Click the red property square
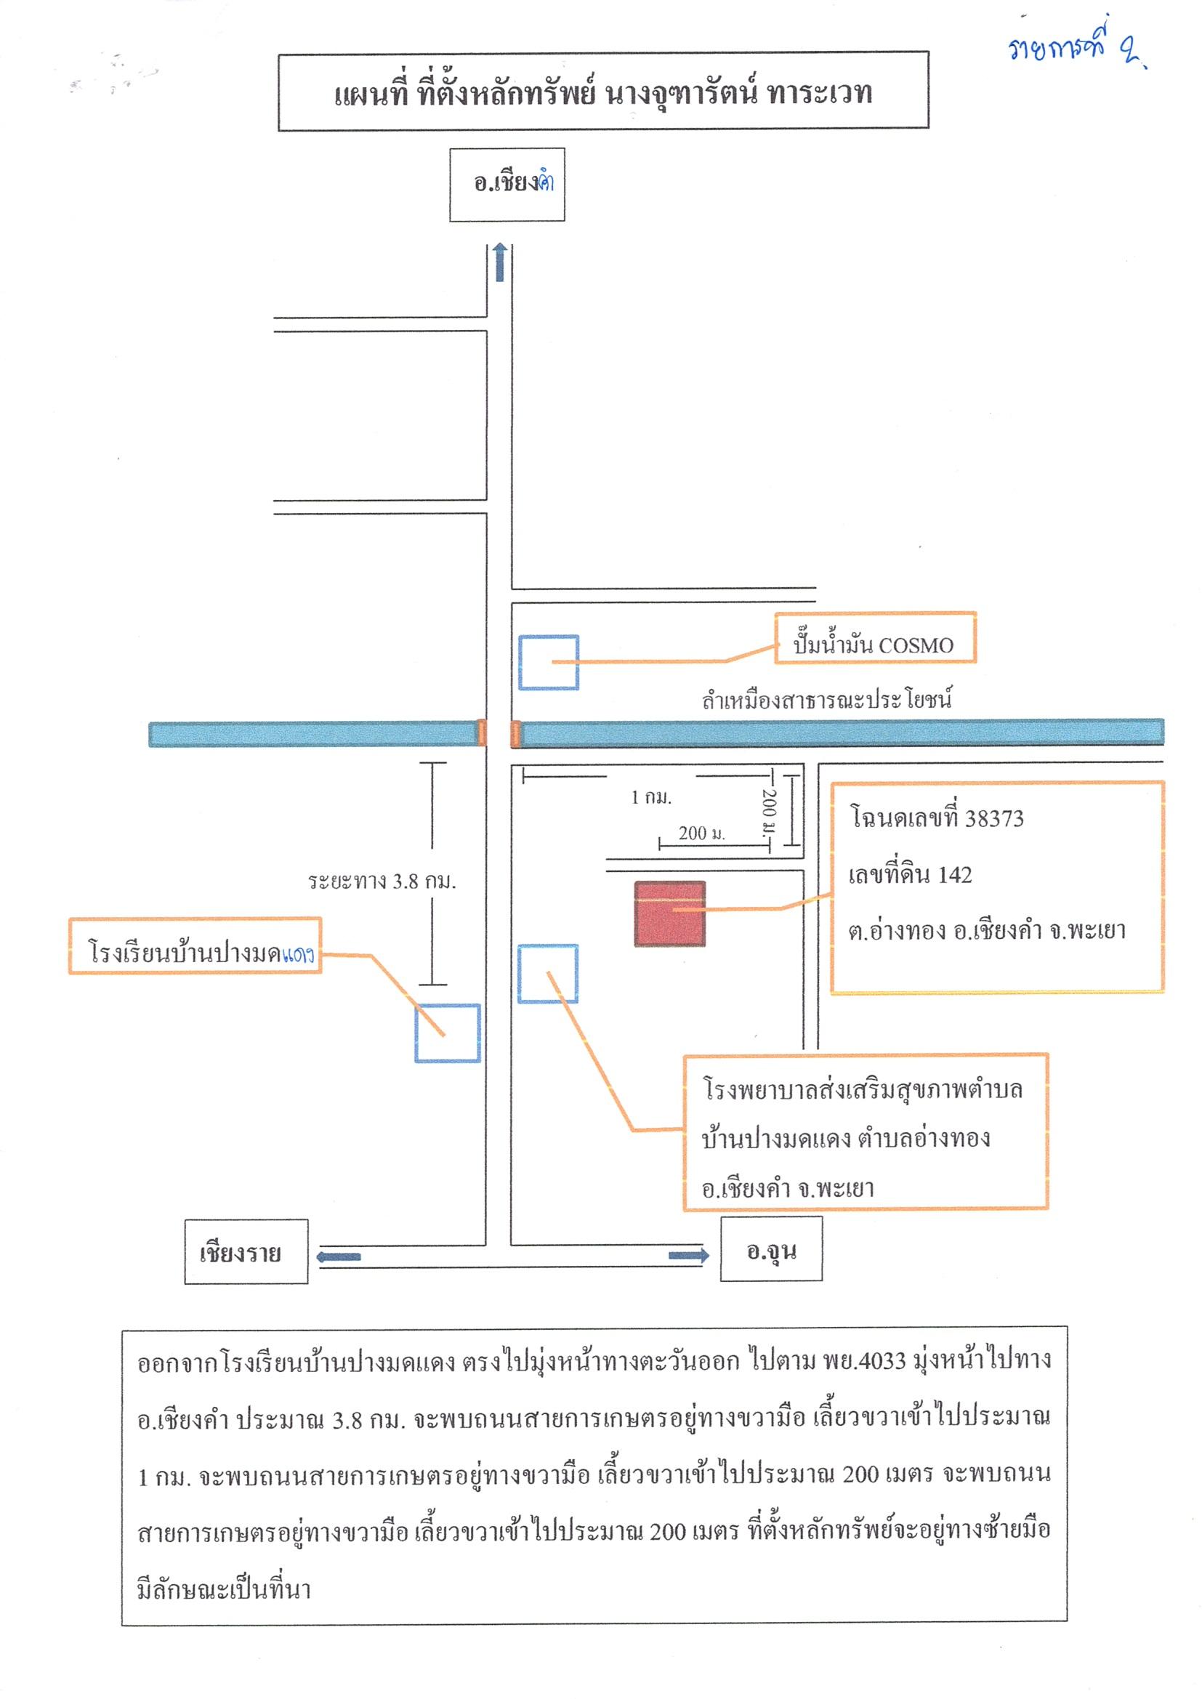point(669,913)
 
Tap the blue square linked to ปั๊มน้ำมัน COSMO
point(548,662)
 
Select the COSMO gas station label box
point(875,637)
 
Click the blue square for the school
point(447,1033)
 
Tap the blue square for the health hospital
point(547,973)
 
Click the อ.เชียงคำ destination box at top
point(507,185)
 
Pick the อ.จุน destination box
point(771,1250)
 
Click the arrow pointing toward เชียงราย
point(338,1256)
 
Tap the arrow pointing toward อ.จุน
point(689,1255)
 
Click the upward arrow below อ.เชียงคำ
point(500,262)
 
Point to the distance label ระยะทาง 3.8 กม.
point(382,881)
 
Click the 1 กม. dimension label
point(651,797)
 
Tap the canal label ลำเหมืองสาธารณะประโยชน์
point(827,699)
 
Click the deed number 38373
point(995,818)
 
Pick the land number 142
point(954,875)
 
